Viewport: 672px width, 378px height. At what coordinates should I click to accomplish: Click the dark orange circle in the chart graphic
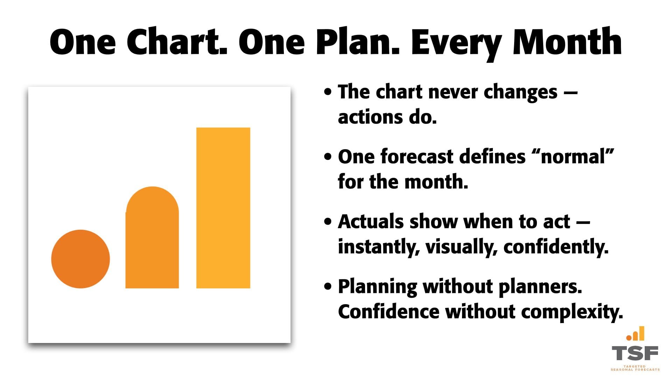tap(80, 259)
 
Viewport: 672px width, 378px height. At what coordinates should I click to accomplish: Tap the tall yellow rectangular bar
tap(223, 208)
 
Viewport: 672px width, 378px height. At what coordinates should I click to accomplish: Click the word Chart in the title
tap(177, 42)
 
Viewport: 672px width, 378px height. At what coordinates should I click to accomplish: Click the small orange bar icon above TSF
tap(635, 334)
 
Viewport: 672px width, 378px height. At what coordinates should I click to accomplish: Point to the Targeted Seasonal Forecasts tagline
tap(635, 368)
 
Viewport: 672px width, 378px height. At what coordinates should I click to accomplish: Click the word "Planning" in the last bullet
tap(378, 287)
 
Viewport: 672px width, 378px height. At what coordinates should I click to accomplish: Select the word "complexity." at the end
tap(572, 312)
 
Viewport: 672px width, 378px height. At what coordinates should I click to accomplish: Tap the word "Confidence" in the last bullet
tap(388, 311)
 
